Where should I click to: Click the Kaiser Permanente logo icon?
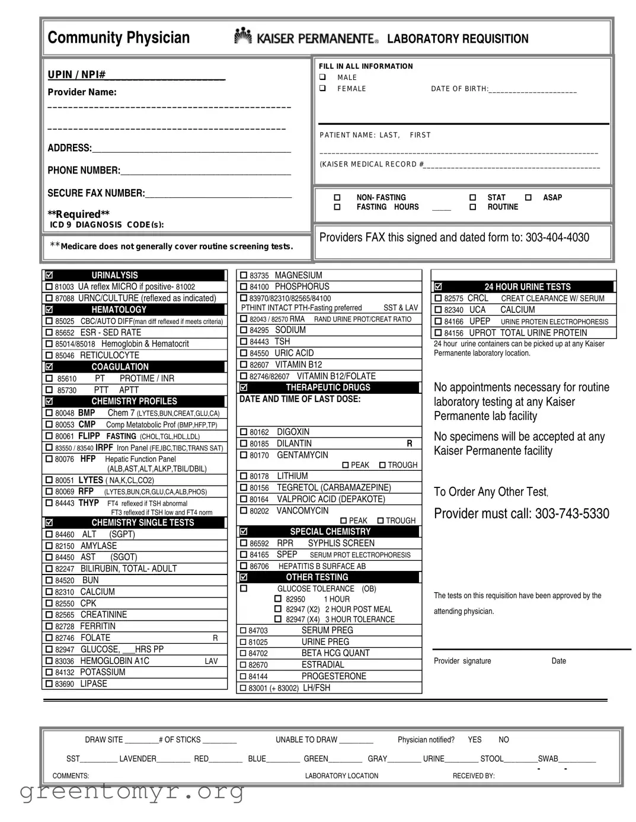click(242, 36)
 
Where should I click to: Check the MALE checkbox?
click(323, 77)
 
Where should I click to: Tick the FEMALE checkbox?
click(323, 88)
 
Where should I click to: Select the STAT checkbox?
click(472, 197)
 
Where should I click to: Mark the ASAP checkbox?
click(528, 197)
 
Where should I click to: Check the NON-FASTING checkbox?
click(337, 197)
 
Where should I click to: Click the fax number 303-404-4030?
click(557, 237)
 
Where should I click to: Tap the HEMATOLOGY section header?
click(119, 310)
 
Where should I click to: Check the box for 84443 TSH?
click(243, 342)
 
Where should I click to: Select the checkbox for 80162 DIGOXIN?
click(243, 432)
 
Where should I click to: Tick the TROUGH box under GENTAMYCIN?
click(382, 465)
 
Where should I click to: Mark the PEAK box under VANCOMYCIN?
click(343, 521)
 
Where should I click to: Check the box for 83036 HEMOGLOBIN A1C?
click(49, 662)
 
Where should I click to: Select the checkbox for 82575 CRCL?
click(438, 298)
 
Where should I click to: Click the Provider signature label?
click(462, 661)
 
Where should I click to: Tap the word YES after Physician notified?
click(474, 740)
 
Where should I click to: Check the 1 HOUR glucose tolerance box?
click(277, 599)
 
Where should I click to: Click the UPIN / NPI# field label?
click(76, 75)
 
